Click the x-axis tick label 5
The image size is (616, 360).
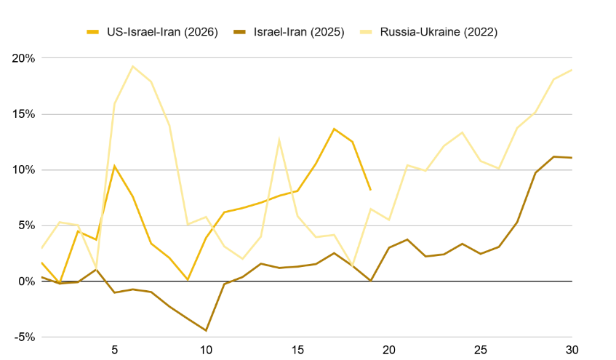[114, 349]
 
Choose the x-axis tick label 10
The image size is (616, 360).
[206, 349]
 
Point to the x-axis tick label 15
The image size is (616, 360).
[297, 349]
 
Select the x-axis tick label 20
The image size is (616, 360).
[389, 349]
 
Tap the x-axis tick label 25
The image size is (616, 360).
[481, 349]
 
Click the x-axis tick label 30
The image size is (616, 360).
[572, 349]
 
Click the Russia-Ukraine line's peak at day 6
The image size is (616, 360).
[132, 66]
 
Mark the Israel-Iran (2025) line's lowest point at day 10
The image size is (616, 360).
[206, 331]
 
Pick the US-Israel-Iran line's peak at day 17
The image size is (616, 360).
[334, 129]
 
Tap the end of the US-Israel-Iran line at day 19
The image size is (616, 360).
[371, 190]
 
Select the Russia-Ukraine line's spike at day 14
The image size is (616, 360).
[279, 139]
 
